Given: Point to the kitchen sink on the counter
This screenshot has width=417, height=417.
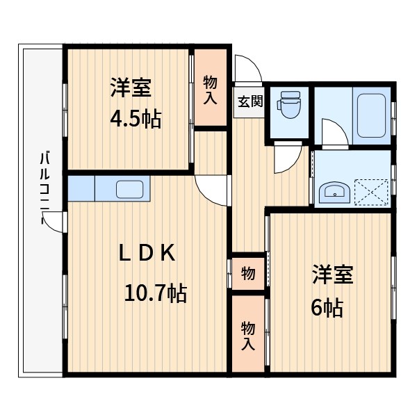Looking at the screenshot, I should tap(129, 189).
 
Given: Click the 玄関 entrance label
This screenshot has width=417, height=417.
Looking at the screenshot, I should tap(250, 101).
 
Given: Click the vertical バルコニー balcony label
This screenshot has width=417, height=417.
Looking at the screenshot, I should tap(44, 188).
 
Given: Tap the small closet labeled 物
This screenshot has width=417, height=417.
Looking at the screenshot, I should tap(247, 273).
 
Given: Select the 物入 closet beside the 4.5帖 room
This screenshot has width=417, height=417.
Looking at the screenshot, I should tap(210, 89).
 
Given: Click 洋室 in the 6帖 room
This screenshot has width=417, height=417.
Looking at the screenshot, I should tap(332, 275).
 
